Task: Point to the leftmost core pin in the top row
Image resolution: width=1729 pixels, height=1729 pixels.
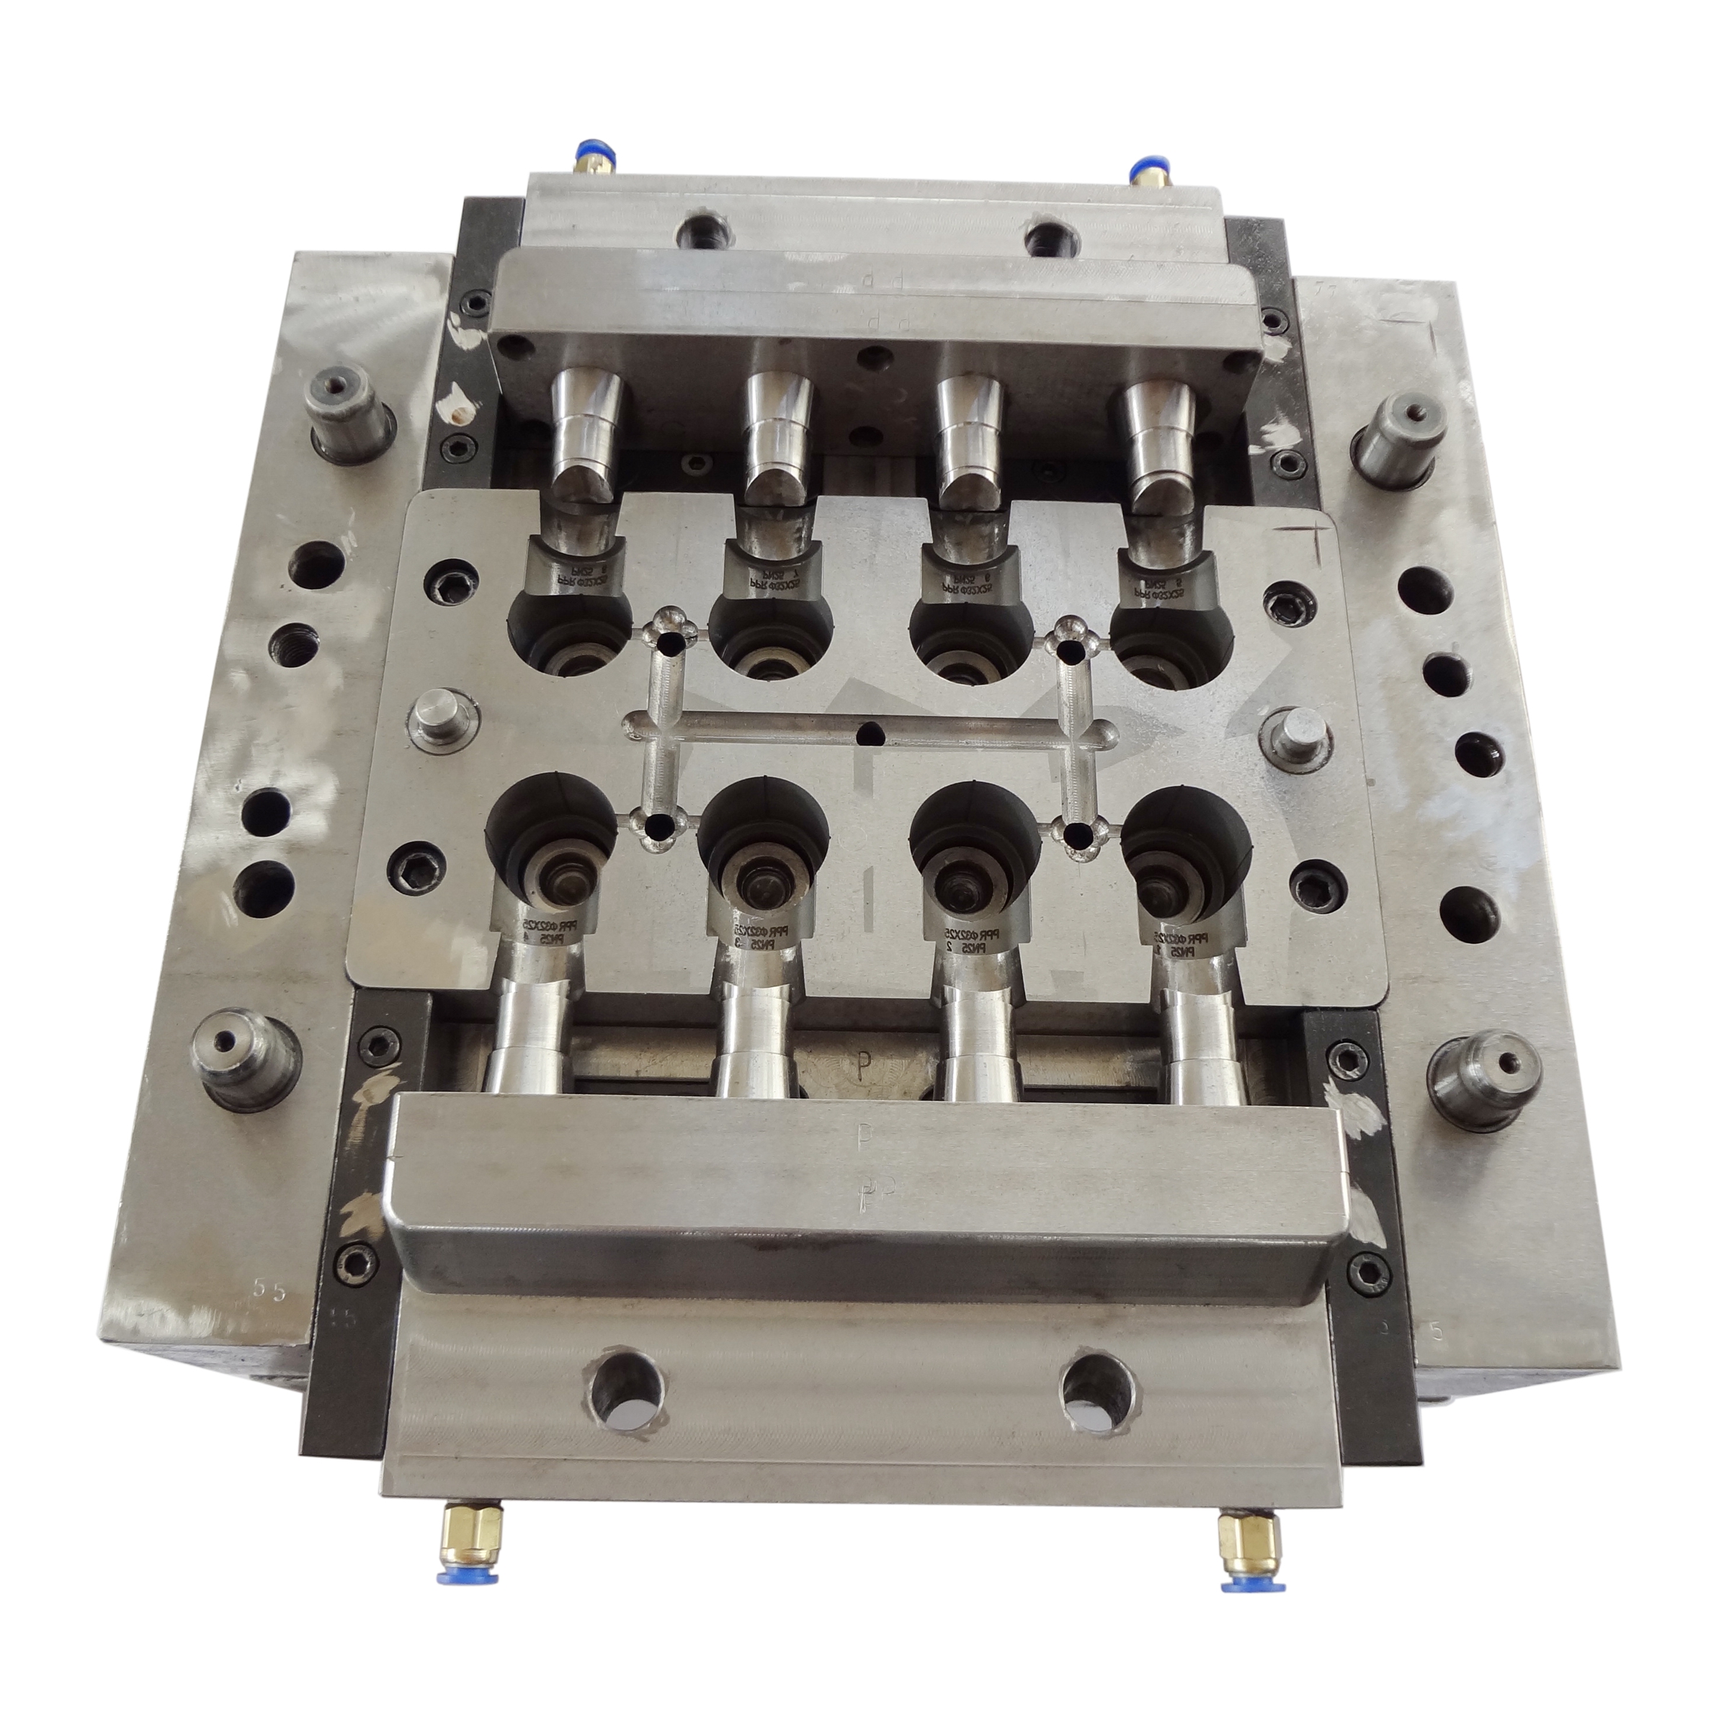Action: click(587, 429)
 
